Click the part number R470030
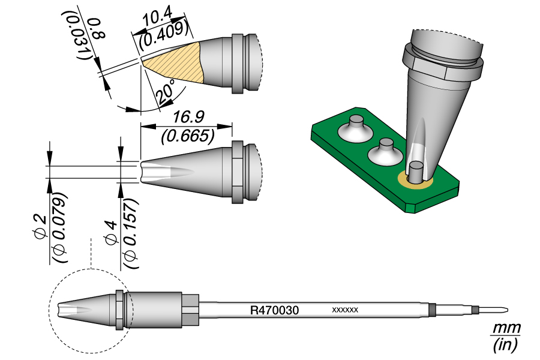274,310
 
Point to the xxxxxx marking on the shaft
345,310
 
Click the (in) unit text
505,344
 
